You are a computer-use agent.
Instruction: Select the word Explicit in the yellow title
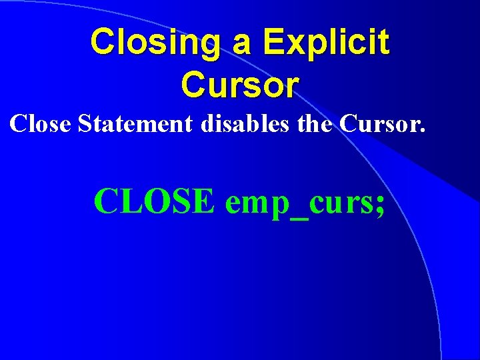pyautogui.click(x=326, y=42)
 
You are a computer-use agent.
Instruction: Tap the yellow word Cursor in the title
pyautogui.click(x=240, y=85)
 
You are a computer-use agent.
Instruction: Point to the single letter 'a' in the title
pyautogui.click(x=242, y=44)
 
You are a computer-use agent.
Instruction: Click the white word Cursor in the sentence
pyautogui.click(x=379, y=123)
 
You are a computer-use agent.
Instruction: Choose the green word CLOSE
pyautogui.click(x=154, y=201)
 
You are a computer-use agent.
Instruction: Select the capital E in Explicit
pyautogui.click(x=273, y=42)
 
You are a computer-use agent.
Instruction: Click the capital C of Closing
pyautogui.click(x=103, y=42)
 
